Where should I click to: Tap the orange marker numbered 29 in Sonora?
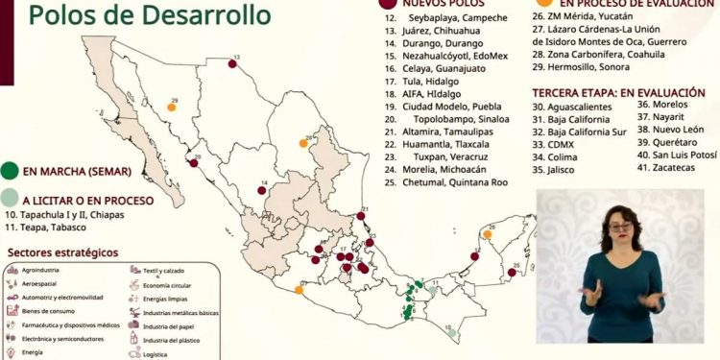pos(171,108)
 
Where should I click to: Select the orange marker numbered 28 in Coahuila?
pos(303,143)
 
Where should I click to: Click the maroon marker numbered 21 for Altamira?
pos(362,218)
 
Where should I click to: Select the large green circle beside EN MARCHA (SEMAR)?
pos(10,172)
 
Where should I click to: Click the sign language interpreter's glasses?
pos(620,228)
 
